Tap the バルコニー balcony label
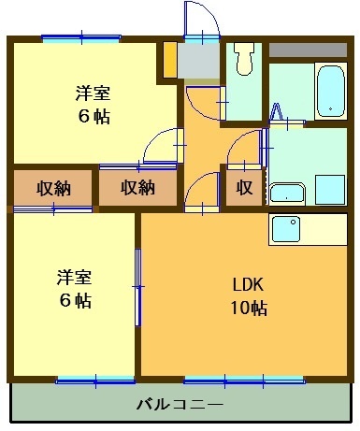[x=180, y=405]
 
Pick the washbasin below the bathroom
[x=287, y=194]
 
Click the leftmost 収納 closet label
[x=52, y=187]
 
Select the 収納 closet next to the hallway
[x=137, y=187]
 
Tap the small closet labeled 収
[x=243, y=187]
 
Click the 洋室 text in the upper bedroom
[x=92, y=93]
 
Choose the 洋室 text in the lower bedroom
[x=72, y=277]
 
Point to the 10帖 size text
[x=250, y=309]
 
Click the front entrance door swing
[x=200, y=19]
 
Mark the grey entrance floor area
[x=199, y=60]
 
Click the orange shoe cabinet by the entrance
[x=170, y=60]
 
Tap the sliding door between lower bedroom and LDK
[x=138, y=285]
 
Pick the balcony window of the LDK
[x=243, y=379]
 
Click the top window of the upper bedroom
[x=80, y=37]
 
